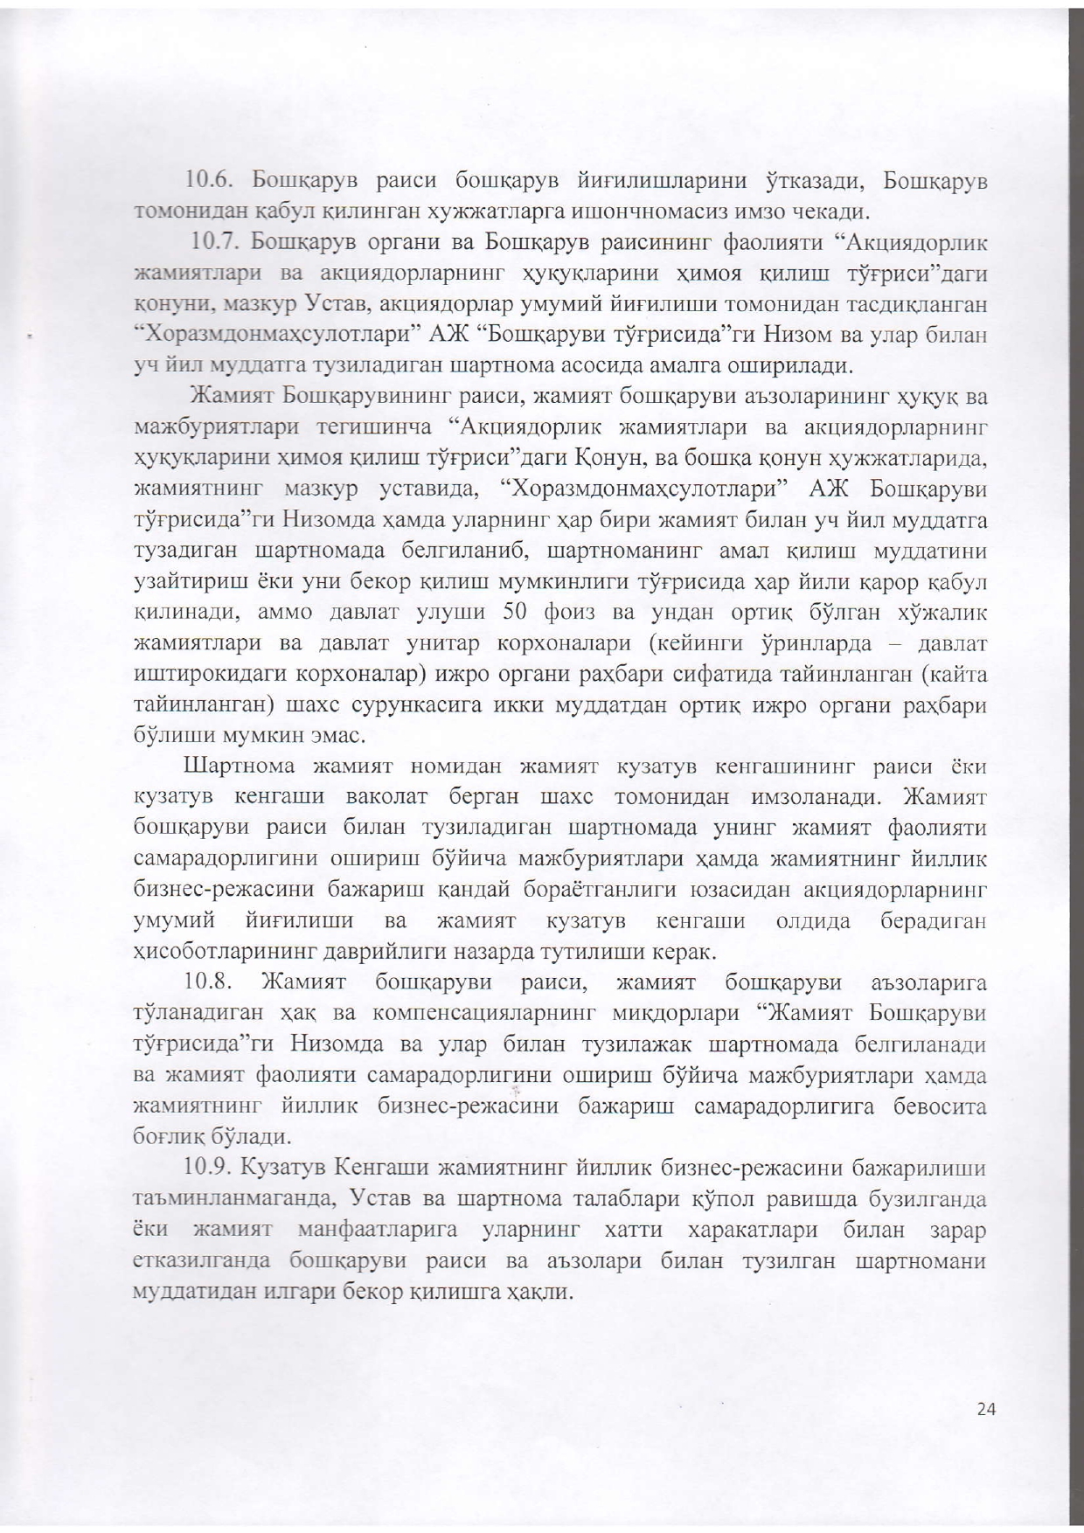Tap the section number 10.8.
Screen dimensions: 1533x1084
pos(209,982)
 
